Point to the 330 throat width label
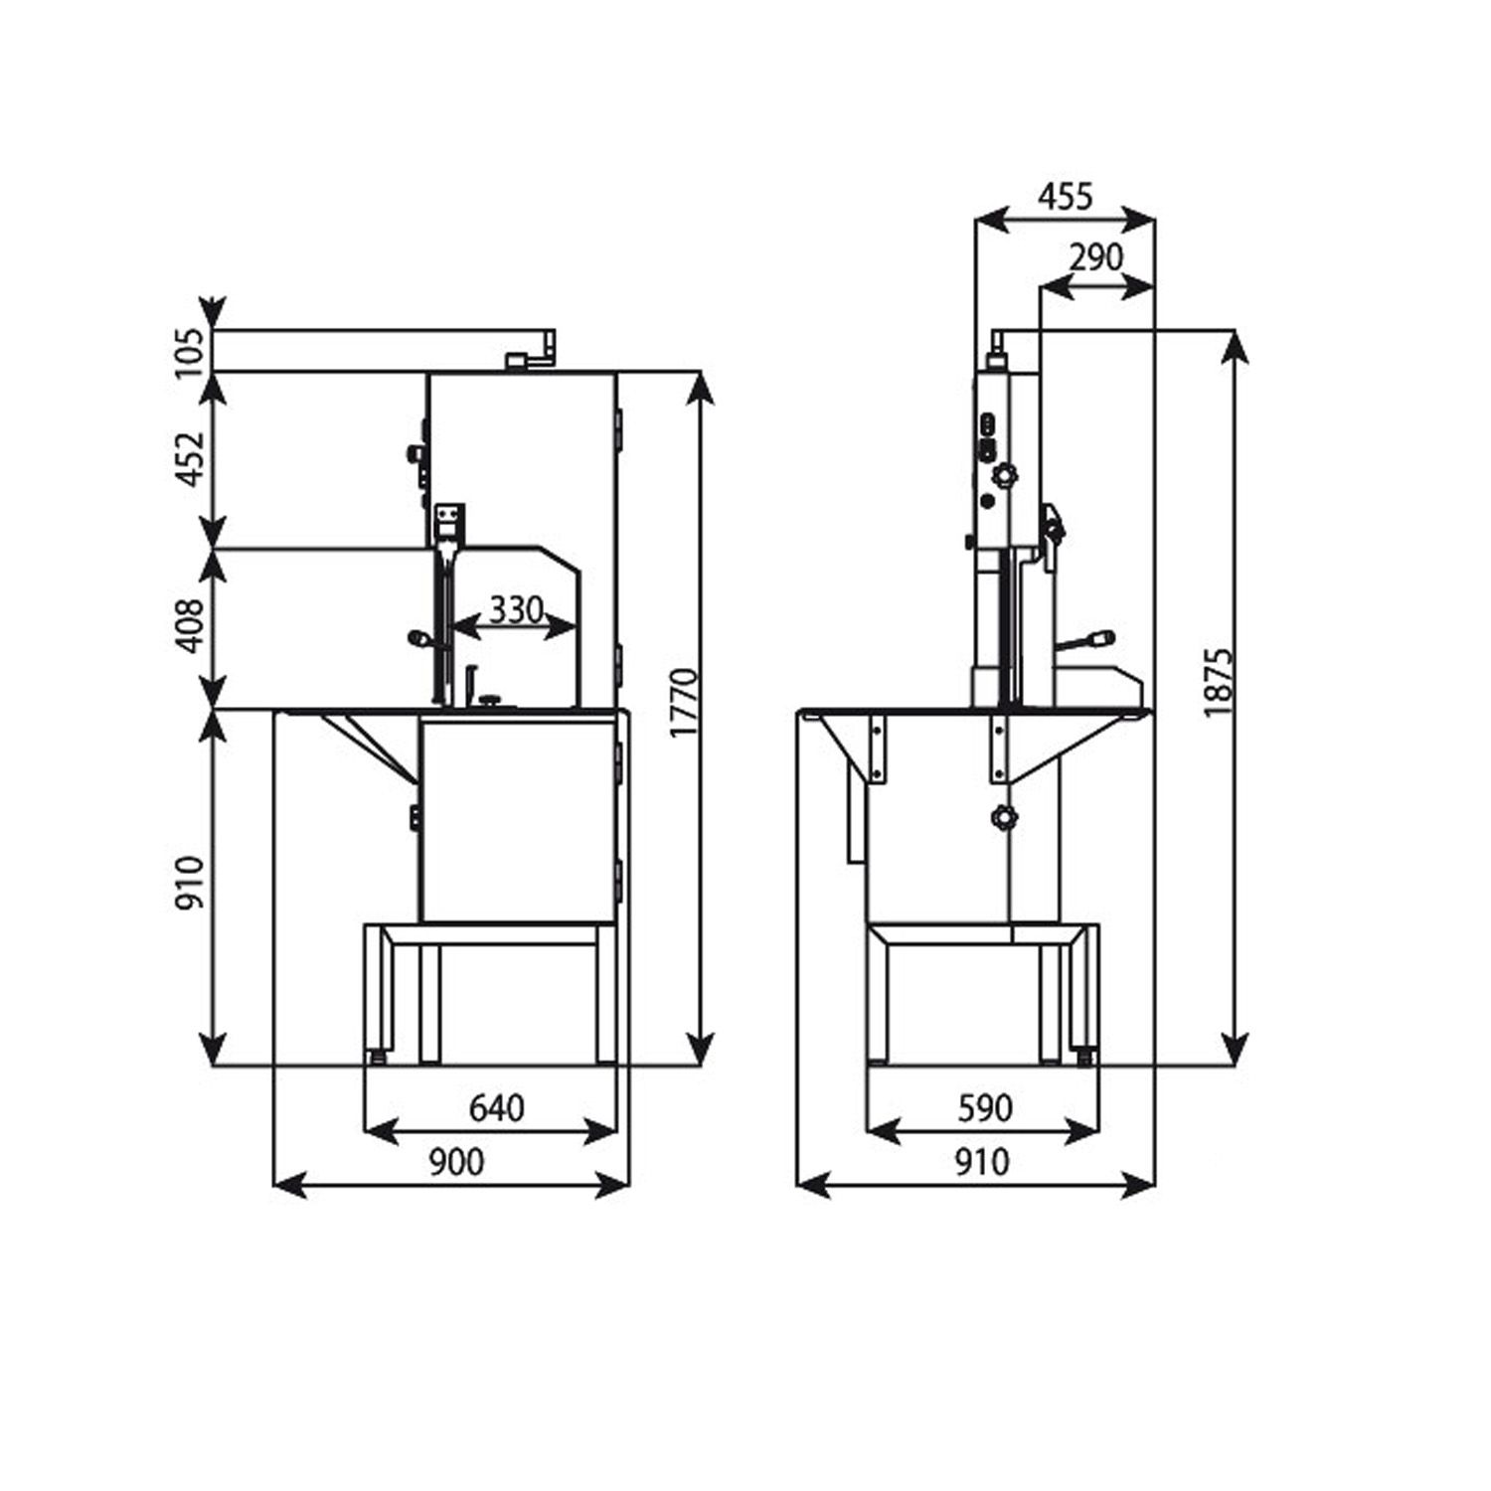click(515, 608)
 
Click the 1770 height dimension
click(684, 704)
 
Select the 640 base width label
click(496, 1107)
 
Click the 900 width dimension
click(456, 1161)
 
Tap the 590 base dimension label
click(984, 1107)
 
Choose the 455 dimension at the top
click(1065, 197)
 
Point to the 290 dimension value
click(1095, 257)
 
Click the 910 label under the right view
click(981, 1161)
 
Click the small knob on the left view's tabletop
click(490, 702)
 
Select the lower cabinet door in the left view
click(517, 820)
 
